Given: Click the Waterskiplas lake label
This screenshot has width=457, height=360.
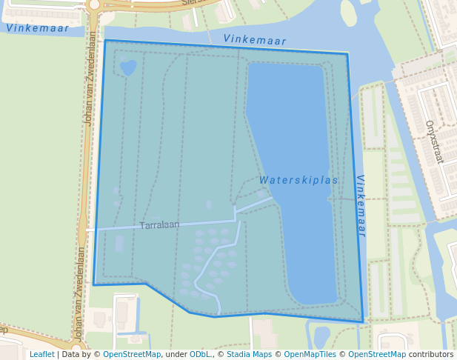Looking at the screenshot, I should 298,180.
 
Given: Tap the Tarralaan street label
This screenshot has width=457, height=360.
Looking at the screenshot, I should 159,224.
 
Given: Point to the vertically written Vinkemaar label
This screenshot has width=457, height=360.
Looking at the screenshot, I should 361,205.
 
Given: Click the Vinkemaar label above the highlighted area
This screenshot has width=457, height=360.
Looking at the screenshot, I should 254,40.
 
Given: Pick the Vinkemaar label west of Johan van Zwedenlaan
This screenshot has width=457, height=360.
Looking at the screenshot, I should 37,28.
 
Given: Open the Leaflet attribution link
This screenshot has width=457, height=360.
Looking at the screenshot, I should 42,354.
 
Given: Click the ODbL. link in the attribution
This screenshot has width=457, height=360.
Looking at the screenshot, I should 200,354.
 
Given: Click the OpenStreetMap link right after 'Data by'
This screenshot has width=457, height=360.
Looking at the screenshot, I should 132,354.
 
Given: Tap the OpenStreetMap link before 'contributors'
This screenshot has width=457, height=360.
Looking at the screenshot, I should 377,354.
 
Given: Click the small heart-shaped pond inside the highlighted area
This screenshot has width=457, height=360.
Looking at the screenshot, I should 128,67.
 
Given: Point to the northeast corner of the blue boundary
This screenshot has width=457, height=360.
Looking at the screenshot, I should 347,53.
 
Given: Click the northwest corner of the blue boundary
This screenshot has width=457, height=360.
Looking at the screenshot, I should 105,41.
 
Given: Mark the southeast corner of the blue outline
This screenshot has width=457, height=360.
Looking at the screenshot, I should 363,321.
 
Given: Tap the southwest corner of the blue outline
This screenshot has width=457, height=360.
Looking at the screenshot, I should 93,284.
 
